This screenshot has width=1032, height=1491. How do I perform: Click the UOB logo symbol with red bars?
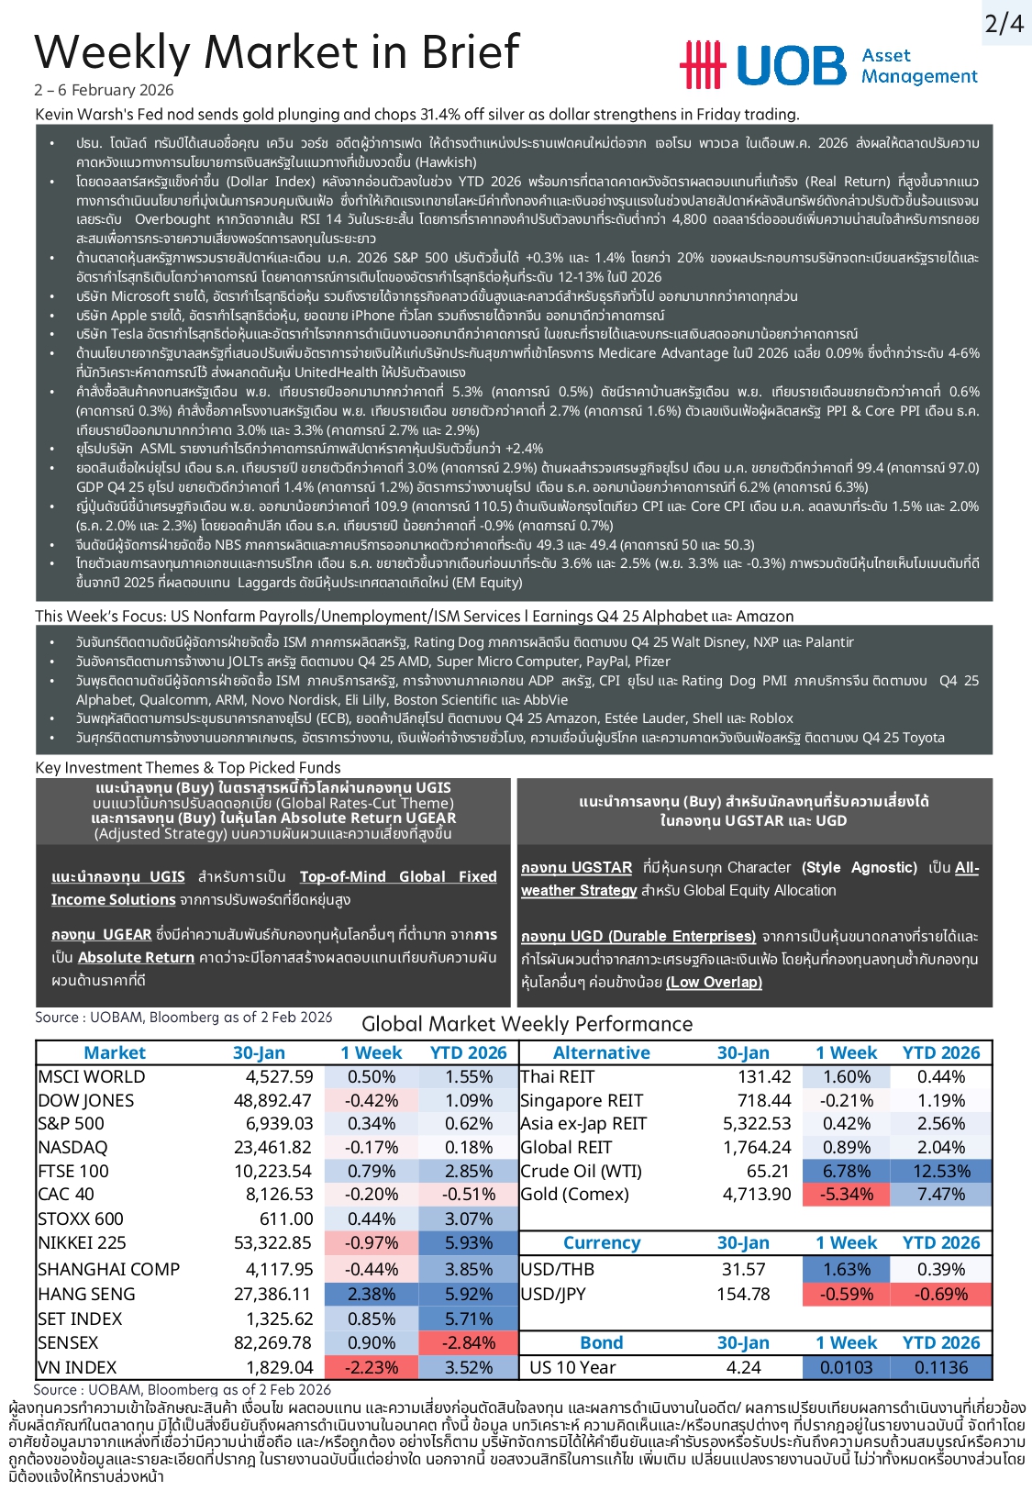(x=702, y=65)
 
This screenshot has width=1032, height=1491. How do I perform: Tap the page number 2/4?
(x=1004, y=23)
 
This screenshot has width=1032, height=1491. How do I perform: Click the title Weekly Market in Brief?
(x=277, y=51)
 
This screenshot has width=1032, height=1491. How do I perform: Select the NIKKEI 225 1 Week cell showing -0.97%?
(x=372, y=1243)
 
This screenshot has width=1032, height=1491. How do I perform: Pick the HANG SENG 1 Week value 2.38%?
(x=372, y=1294)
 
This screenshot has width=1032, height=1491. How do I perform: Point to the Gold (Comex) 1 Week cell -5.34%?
(x=847, y=1194)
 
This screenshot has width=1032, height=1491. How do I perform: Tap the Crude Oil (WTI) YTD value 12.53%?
(x=941, y=1171)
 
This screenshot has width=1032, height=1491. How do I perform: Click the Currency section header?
(x=602, y=1243)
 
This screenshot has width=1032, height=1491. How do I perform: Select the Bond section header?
(x=602, y=1342)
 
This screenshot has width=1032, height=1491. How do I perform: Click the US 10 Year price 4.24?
(x=744, y=1367)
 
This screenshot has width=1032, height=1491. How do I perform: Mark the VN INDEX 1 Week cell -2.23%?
(x=372, y=1367)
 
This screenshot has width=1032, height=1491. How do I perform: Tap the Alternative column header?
(x=602, y=1052)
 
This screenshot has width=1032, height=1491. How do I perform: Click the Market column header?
(x=115, y=1052)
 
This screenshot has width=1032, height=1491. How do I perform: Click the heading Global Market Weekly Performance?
(x=527, y=1024)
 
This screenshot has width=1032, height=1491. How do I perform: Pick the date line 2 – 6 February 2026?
(x=104, y=90)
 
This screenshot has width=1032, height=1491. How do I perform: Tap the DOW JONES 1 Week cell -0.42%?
(x=372, y=1100)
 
